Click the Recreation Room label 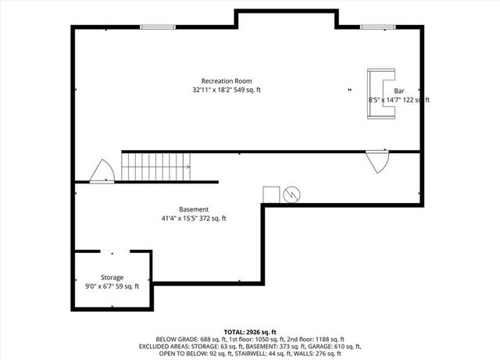click(226, 81)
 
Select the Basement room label click(193, 209)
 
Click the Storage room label click(111, 277)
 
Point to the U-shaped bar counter click(382, 94)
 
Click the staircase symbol click(156, 167)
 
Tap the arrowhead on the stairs click(189, 167)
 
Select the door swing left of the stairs click(102, 171)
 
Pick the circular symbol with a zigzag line click(291, 193)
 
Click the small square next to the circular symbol click(271, 194)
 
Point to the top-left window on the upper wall click(152, 28)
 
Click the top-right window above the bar click(372, 28)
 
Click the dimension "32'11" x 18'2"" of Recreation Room click(208, 91)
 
